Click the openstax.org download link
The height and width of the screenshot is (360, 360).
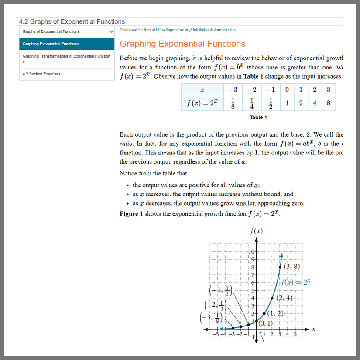click(x=196, y=30)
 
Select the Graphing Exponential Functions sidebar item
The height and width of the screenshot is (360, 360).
click(x=51, y=44)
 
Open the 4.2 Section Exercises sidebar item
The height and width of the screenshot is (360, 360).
click(x=42, y=74)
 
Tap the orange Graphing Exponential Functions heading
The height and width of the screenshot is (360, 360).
click(x=182, y=44)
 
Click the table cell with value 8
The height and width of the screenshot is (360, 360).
click(x=328, y=103)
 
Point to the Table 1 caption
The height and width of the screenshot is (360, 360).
click(x=258, y=117)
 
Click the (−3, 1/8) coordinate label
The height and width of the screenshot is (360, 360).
click(x=210, y=319)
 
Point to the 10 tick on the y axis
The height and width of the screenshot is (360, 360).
click(x=251, y=251)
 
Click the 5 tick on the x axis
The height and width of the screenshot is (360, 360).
click(x=295, y=335)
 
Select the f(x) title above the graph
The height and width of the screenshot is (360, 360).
click(x=256, y=231)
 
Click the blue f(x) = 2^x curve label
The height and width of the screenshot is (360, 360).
click(x=295, y=282)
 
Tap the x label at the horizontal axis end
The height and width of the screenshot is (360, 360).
click(x=313, y=329)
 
